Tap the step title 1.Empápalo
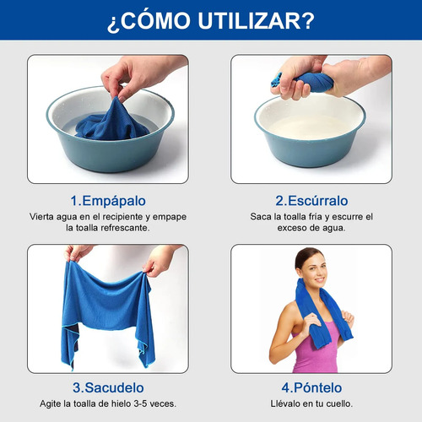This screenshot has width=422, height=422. tap(108, 201)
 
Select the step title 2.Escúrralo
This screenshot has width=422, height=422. tap(311, 201)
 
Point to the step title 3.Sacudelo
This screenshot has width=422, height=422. tap(108, 387)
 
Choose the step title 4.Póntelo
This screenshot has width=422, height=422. tap(311, 387)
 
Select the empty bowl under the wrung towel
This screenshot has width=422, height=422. tap(310, 131)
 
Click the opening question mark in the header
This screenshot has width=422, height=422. tap(112, 24)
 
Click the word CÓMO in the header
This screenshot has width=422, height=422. tap(155, 19)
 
